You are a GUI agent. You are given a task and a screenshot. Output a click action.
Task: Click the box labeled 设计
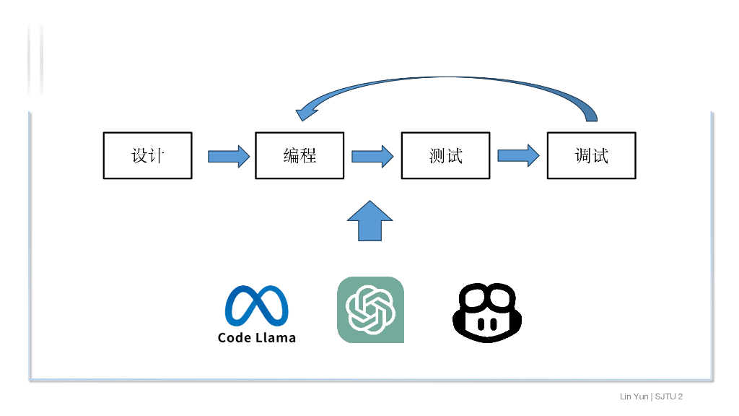click(x=148, y=155)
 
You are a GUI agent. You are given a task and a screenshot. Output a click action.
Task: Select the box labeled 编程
click(x=299, y=155)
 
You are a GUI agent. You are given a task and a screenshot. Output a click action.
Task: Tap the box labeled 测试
click(x=445, y=155)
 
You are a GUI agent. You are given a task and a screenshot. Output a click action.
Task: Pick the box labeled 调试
click(x=591, y=155)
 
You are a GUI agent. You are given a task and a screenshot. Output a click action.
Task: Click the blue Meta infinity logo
click(x=256, y=306)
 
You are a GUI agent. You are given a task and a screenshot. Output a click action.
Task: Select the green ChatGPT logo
click(x=370, y=310)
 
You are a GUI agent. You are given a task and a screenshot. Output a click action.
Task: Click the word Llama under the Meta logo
click(x=275, y=337)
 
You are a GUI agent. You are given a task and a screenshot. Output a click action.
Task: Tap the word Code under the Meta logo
click(x=235, y=337)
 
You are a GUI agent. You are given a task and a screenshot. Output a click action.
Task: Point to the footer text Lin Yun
click(x=634, y=396)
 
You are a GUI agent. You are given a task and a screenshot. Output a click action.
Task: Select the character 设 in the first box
click(x=139, y=155)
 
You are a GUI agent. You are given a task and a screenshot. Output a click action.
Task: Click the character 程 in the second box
click(x=308, y=155)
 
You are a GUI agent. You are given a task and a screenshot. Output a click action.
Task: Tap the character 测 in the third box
click(x=437, y=155)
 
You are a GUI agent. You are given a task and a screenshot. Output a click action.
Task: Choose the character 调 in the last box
click(x=582, y=155)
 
